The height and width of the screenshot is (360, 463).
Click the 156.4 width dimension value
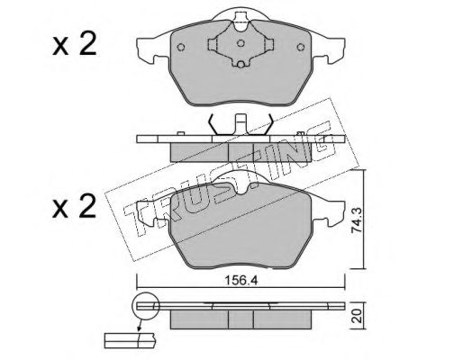(x=241, y=281)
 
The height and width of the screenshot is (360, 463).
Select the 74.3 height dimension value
(x=357, y=220)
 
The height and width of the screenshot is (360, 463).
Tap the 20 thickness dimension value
(x=357, y=317)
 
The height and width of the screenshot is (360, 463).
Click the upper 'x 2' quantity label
(x=74, y=44)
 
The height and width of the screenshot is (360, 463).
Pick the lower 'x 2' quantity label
(x=74, y=206)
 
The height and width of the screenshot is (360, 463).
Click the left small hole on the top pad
(x=181, y=47)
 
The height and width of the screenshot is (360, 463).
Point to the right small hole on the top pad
(x=300, y=47)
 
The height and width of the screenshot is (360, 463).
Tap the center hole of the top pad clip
(x=241, y=43)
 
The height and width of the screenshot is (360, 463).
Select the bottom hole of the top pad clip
(x=241, y=65)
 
